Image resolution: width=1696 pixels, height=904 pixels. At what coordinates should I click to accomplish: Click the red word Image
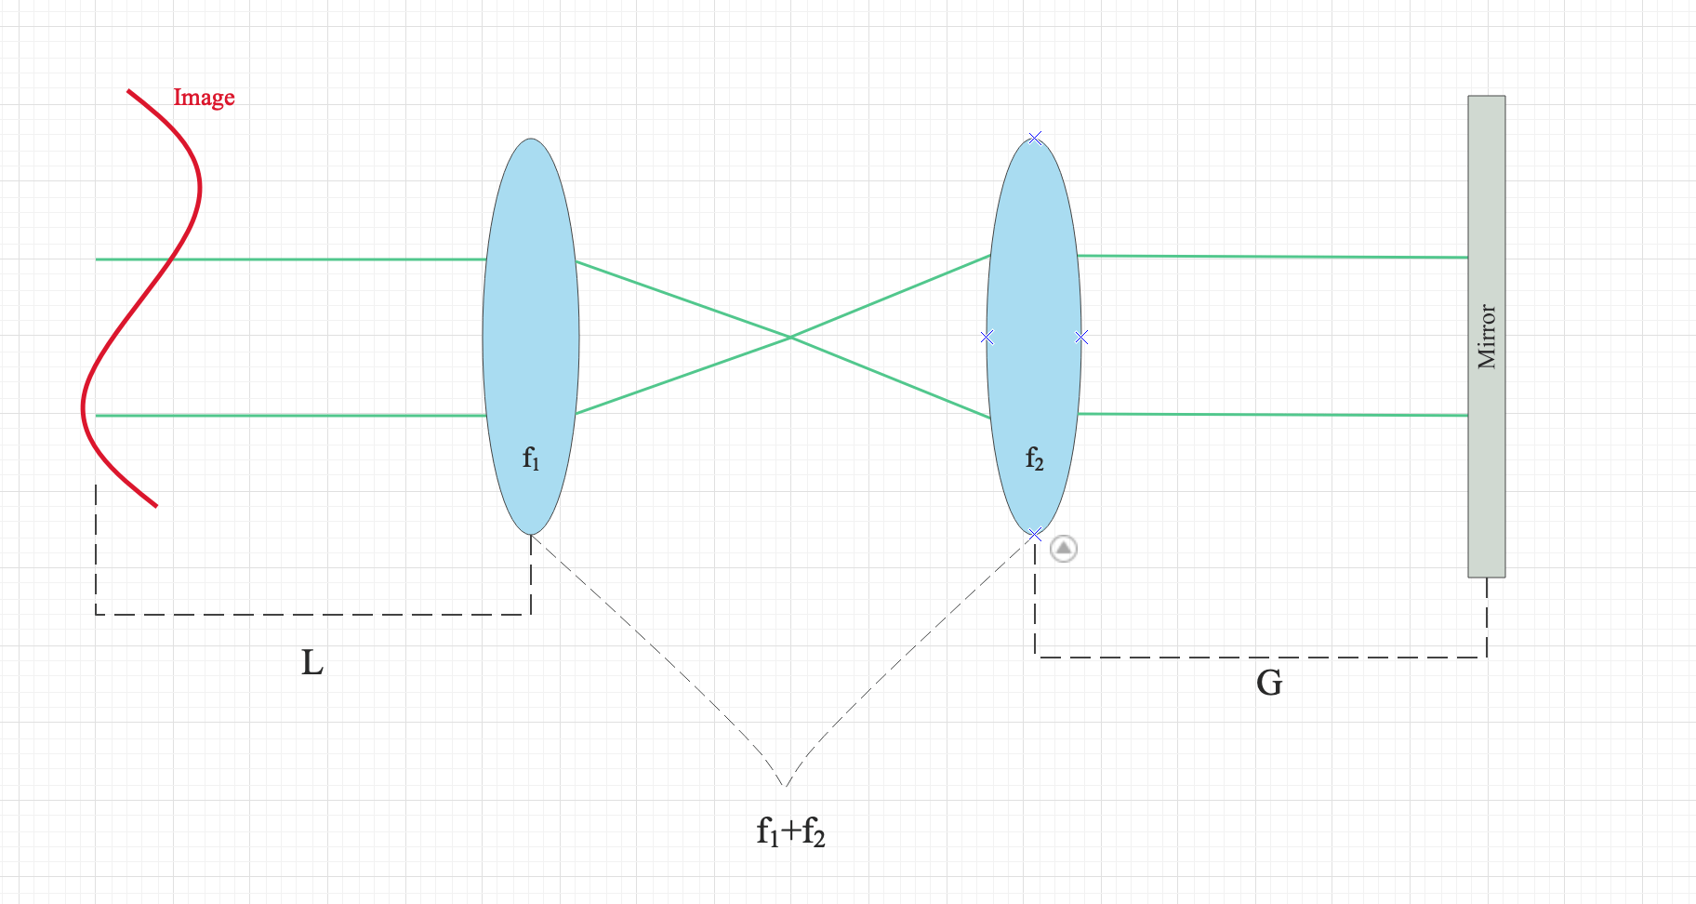point(204,98)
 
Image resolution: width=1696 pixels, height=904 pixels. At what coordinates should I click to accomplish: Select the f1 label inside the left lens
point(531,458)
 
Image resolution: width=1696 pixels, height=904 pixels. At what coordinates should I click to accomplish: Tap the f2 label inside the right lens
point(1034,458)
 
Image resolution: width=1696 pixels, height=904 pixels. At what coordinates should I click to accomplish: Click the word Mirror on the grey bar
point(1487,337)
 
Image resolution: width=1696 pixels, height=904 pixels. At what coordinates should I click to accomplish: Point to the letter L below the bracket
point(312,663)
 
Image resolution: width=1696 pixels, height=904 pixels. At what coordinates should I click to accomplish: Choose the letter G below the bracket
point(1269,684)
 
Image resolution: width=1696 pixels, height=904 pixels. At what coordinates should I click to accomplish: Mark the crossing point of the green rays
point(790,337)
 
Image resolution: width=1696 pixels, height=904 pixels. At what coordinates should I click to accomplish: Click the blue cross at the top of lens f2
point(1035,138)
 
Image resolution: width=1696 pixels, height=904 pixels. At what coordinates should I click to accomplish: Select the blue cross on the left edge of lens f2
point(987,337)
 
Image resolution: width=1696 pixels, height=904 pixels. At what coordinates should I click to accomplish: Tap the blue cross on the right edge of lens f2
point(1081,337)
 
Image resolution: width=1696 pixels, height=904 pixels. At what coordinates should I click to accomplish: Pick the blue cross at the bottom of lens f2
point(1035,535)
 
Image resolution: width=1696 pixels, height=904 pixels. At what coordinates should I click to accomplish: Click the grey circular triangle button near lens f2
point(1064,549)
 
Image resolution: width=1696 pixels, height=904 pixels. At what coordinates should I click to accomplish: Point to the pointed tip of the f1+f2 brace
point(787,786)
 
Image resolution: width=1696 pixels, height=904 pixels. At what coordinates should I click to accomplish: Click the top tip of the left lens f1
point(531,140)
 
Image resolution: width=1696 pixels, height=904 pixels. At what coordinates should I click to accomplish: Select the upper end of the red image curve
point(129,91)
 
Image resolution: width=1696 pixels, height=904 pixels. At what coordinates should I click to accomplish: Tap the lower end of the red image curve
point(155,505)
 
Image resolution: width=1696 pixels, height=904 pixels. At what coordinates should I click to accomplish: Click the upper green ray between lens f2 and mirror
point(1274,257)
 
